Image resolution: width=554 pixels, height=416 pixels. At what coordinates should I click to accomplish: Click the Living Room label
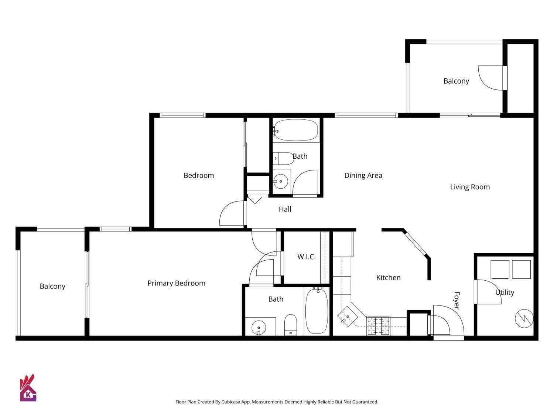coord(470,187)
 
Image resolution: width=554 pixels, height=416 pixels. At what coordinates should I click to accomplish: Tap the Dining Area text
coord(363,176)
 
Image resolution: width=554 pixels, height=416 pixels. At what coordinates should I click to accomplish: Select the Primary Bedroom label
coord(176,283)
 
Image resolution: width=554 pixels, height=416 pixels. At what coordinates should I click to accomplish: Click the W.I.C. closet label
coord(307,257)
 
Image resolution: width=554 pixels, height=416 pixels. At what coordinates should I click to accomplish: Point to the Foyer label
coord(456,300)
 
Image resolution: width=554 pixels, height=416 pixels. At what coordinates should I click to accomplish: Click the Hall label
coord(285,209)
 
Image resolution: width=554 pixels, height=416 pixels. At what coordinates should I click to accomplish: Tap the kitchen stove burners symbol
coord(378,326)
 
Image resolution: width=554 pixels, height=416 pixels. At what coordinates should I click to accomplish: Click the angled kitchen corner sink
coord(348,317)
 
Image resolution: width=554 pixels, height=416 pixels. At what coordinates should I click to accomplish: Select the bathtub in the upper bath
coord(296,130)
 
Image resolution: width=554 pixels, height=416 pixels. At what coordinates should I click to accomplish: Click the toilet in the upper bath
coord(283,158)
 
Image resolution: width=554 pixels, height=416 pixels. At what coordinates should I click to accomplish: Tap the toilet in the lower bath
coord(291,324)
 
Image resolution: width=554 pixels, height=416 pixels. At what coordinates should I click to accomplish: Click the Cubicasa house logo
coord(28,388)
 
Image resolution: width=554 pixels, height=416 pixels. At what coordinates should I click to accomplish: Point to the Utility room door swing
coord(488,292)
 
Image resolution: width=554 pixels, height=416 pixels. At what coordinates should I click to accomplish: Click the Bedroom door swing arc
coord(231,214)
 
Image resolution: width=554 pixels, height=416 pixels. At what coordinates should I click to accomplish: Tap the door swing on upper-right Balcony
coord(490,78)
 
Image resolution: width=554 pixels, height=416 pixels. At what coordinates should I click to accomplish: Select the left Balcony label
coord(52,286)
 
